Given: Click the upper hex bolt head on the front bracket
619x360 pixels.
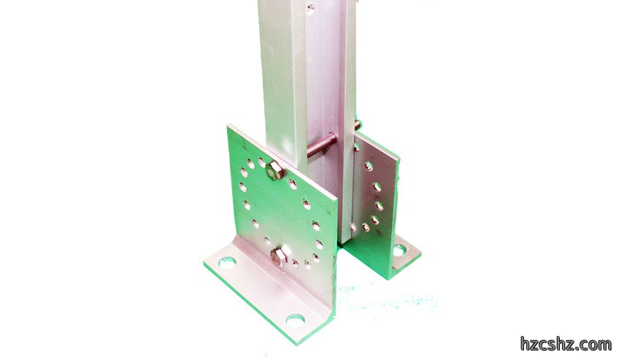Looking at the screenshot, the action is click(x=274, y=171).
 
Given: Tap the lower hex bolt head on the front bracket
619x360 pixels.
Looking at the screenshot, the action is click(x=279, y=256).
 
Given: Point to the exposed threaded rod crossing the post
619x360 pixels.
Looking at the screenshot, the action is click(x=322, y=145).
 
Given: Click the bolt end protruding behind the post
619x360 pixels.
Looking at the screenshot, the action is click(x=358, y=125).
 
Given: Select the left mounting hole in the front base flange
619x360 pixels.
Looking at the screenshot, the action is click(x=227, y=262).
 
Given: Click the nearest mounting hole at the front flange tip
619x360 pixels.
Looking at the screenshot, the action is click(x=296, y=321).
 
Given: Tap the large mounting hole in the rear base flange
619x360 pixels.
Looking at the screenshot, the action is click(x=399, y=250).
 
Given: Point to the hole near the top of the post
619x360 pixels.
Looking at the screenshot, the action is click(x=310, y=7).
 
